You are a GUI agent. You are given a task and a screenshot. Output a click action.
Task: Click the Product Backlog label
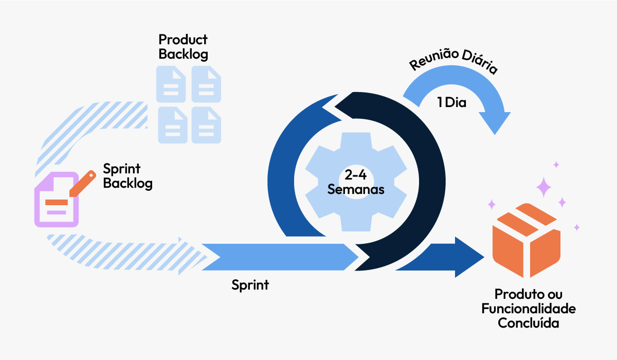183,47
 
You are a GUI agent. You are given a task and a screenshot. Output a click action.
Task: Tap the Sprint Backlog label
128,176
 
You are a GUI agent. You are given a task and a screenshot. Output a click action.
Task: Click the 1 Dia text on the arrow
451,102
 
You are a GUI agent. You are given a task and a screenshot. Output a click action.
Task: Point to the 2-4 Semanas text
356,181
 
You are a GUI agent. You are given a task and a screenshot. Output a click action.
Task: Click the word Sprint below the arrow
250,285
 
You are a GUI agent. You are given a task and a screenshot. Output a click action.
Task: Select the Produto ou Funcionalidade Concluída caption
528,309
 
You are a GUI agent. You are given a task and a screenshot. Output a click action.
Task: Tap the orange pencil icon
82,183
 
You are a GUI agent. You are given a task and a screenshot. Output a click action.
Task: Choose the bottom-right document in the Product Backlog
206,125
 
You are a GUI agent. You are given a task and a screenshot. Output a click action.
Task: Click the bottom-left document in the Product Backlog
171,125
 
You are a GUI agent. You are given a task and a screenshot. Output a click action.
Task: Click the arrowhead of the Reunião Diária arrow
493,121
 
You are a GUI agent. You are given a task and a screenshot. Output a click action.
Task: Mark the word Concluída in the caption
528,323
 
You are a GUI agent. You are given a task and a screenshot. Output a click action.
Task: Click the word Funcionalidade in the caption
528,309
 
